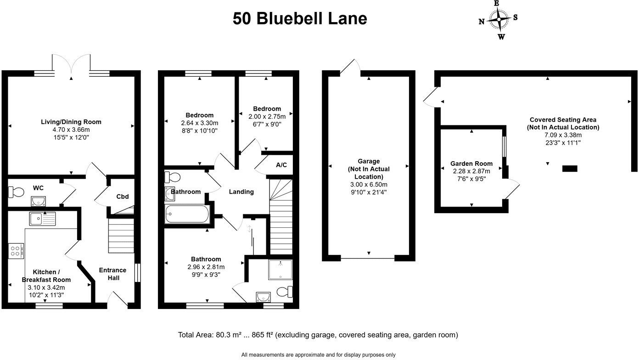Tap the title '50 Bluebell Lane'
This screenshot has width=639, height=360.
point(300,19)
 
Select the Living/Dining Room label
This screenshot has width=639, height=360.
point(71,122)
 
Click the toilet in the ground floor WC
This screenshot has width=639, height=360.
point(16,192)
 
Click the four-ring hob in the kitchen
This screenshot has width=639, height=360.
point(16,251)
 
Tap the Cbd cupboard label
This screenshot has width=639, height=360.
point(123,197)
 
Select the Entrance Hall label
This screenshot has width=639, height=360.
point(112,274)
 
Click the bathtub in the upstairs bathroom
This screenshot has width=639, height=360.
point(187,214)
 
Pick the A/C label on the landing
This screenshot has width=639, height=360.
point(281,165)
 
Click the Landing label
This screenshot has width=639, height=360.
point(241,191)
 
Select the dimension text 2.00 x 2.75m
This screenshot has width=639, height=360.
point(264,117)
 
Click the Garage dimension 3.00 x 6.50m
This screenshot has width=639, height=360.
point(369,185)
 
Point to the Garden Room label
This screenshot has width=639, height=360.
point(471,163)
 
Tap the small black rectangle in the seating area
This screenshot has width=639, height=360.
point(570,169)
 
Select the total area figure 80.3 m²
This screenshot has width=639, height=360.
point(235,335)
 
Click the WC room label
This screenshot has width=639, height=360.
point(38,188)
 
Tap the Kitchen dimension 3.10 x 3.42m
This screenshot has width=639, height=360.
point(46,287)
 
